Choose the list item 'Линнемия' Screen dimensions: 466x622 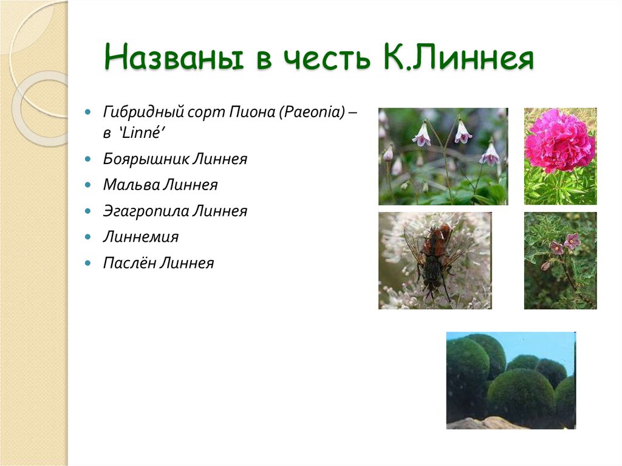[140, 237]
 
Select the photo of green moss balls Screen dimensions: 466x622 [510, 380]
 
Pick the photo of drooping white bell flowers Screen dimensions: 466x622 [443, 156]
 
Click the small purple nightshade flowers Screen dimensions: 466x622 [565, 244]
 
